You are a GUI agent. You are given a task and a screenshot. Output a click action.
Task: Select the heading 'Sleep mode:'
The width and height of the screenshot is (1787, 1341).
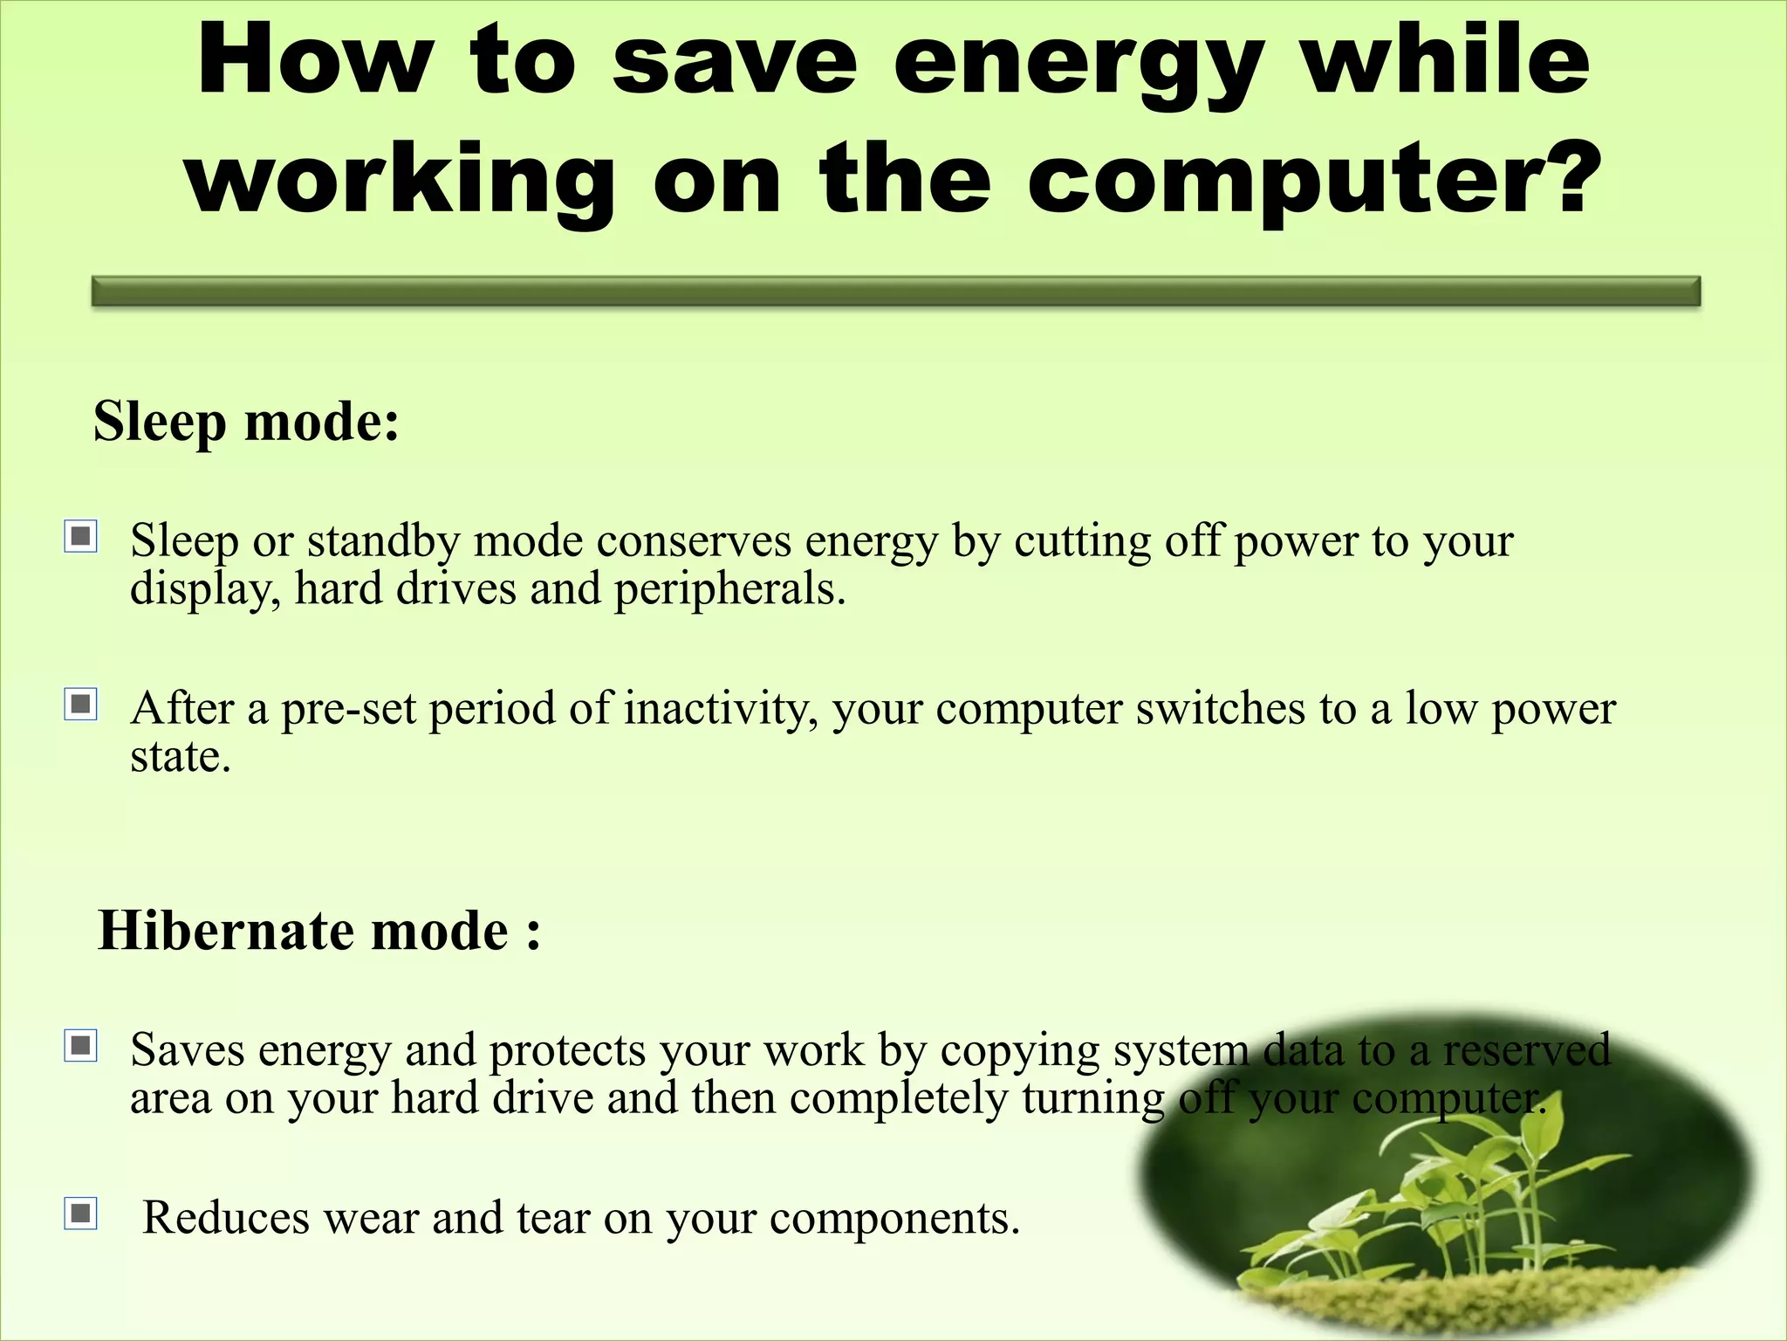(246, 422)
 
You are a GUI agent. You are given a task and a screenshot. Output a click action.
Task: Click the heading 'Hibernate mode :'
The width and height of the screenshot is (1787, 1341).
(319, 931)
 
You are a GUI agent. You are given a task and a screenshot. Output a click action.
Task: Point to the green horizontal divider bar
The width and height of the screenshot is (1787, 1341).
(895, 292)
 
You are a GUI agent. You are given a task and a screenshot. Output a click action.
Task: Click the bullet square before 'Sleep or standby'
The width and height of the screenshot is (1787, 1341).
(81, 536)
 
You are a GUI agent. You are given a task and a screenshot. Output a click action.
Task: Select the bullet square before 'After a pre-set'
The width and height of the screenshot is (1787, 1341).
(81, 704)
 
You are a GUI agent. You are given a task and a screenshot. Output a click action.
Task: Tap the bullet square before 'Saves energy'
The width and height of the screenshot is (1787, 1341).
(81, 1045)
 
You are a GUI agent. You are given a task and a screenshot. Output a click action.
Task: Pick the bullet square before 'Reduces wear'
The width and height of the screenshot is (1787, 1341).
(81, 1214)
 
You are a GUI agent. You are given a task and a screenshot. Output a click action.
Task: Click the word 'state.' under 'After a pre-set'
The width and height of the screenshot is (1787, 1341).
(181, 756)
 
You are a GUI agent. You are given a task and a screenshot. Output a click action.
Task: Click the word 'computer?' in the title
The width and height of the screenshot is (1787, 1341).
(1314, 179)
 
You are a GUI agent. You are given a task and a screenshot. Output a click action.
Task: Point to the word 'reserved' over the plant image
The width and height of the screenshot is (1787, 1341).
(1526, 1050)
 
